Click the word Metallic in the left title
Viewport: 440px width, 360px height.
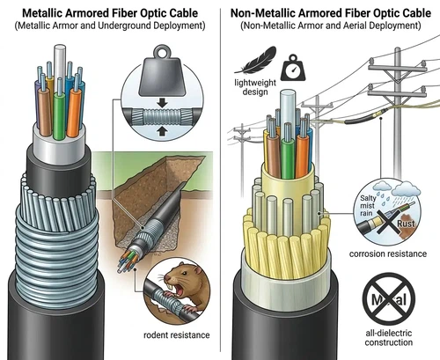(48, 12)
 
